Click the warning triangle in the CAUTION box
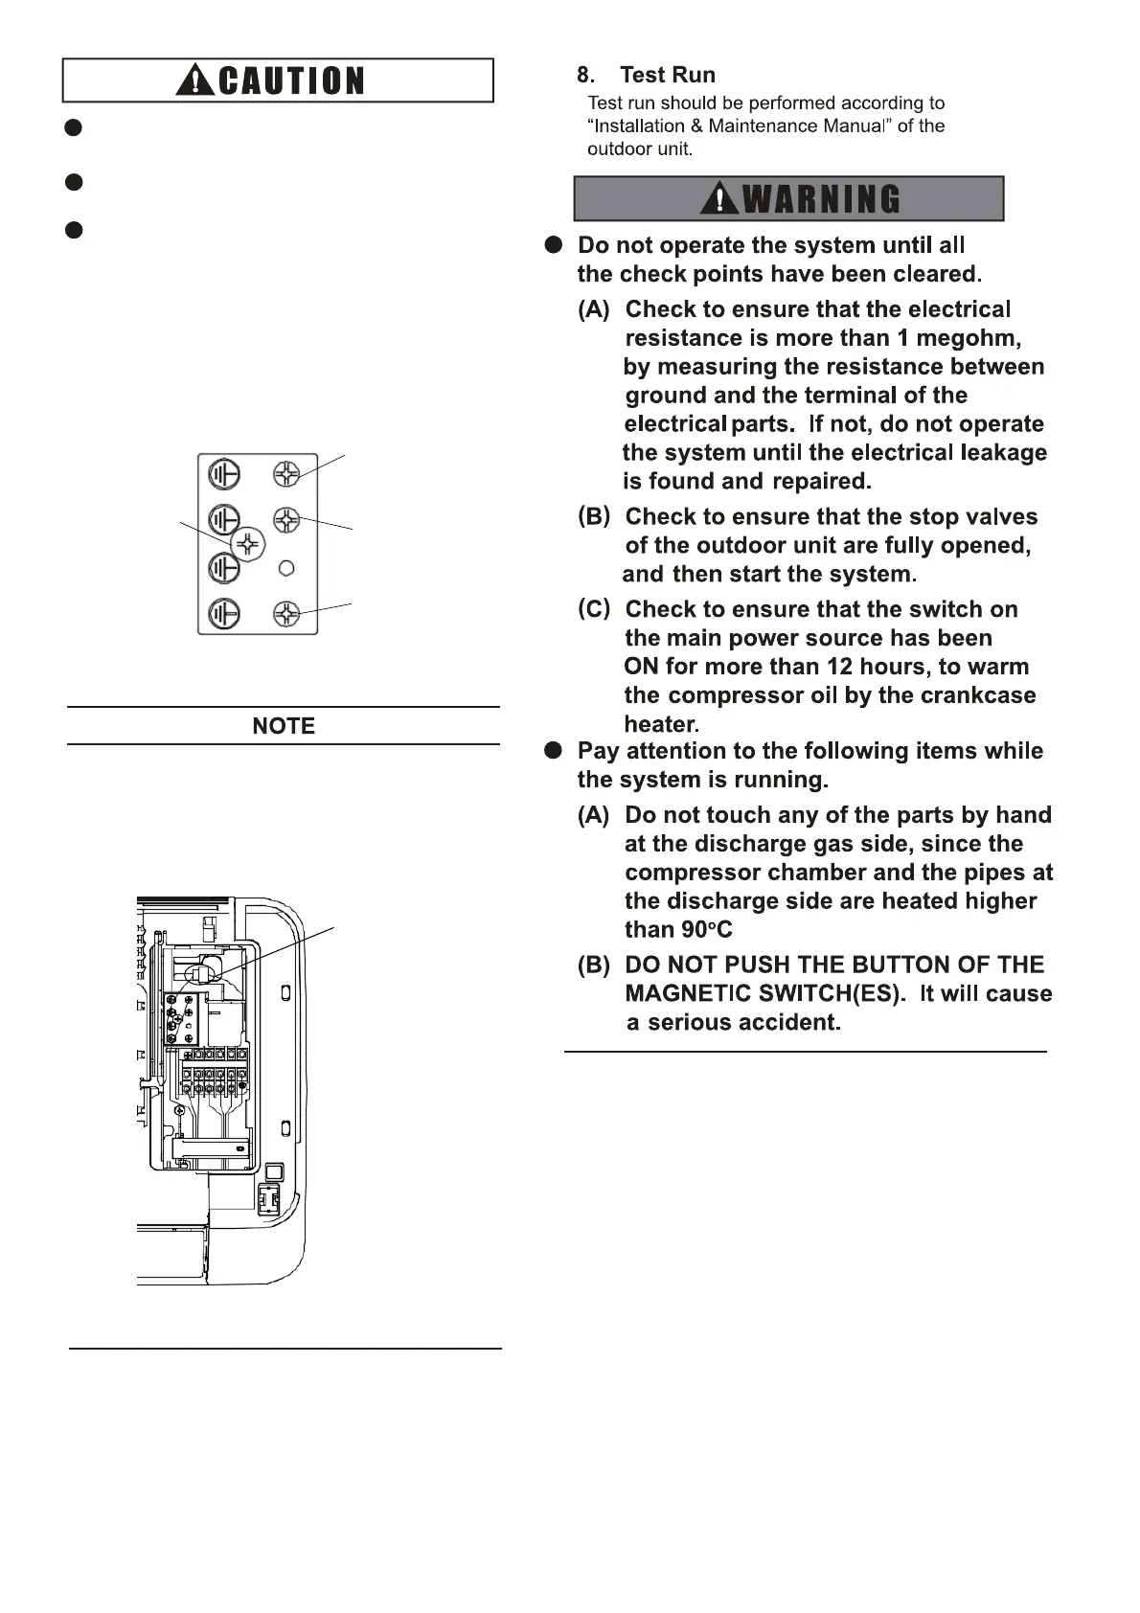click(196, 80)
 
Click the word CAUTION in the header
click(291, 81)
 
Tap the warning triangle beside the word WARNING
click(719, 198)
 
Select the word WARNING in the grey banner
click(822, 199)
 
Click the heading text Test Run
click(667, 75)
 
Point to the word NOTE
click(284, 726)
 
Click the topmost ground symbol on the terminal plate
click(224, 474)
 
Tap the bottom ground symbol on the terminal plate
click(224, 613)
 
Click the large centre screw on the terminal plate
click(248, 544)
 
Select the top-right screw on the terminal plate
click(286, 473)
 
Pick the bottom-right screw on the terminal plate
click(286, 613)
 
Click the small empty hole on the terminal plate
click(285, 569)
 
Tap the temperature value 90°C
click(707, 930)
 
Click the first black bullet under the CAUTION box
click(74, 127)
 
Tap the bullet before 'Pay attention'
click(554, 751)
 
